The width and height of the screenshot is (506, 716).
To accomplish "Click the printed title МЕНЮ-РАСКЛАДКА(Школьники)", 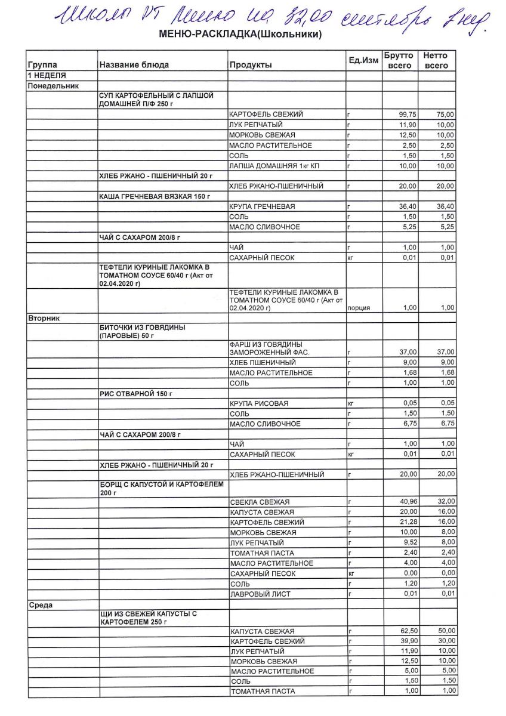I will pos(240,35).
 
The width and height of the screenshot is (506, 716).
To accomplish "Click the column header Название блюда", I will pos(134,65).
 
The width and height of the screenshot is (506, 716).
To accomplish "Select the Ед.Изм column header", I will pos(363,61).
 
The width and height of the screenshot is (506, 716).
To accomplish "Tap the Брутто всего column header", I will pos(399,60).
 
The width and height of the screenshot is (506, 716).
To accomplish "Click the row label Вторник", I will pos(44,318).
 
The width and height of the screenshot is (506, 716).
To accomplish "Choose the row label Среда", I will pos(41,605).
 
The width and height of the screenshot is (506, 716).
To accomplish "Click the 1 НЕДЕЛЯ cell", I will pos(47,76).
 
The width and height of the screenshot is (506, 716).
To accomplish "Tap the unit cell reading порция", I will pos(359,308).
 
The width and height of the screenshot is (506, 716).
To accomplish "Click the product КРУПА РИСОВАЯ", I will pos(259,404).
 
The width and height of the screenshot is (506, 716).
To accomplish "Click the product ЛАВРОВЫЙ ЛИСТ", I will pos(257,594).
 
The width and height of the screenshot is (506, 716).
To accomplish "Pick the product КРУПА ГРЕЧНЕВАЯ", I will pos(260,206).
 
